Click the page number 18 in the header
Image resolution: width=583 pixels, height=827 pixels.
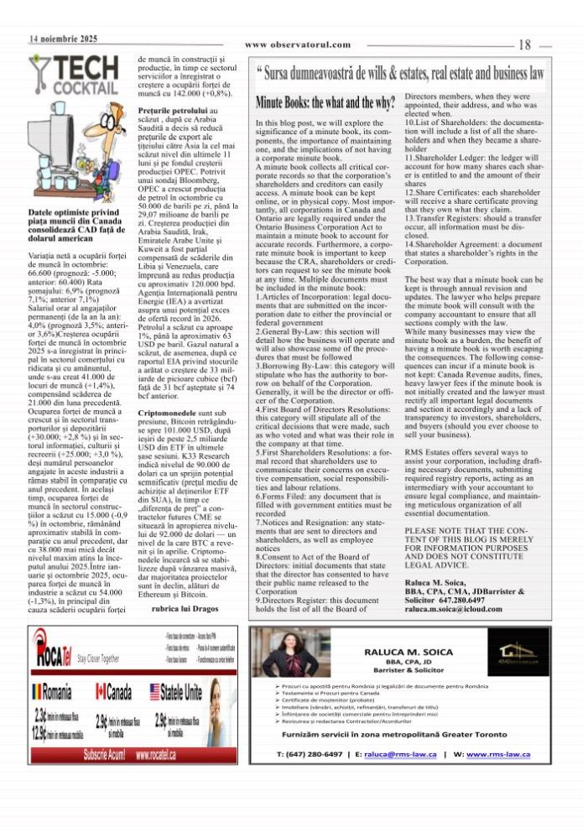526,45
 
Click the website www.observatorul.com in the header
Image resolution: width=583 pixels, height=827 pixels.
298,44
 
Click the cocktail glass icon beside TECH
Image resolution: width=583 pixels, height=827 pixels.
39,72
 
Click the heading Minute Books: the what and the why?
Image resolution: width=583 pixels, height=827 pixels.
325,104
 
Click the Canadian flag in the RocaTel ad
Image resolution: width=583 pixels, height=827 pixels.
102,693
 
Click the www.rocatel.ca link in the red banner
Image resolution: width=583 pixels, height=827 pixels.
167,755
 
